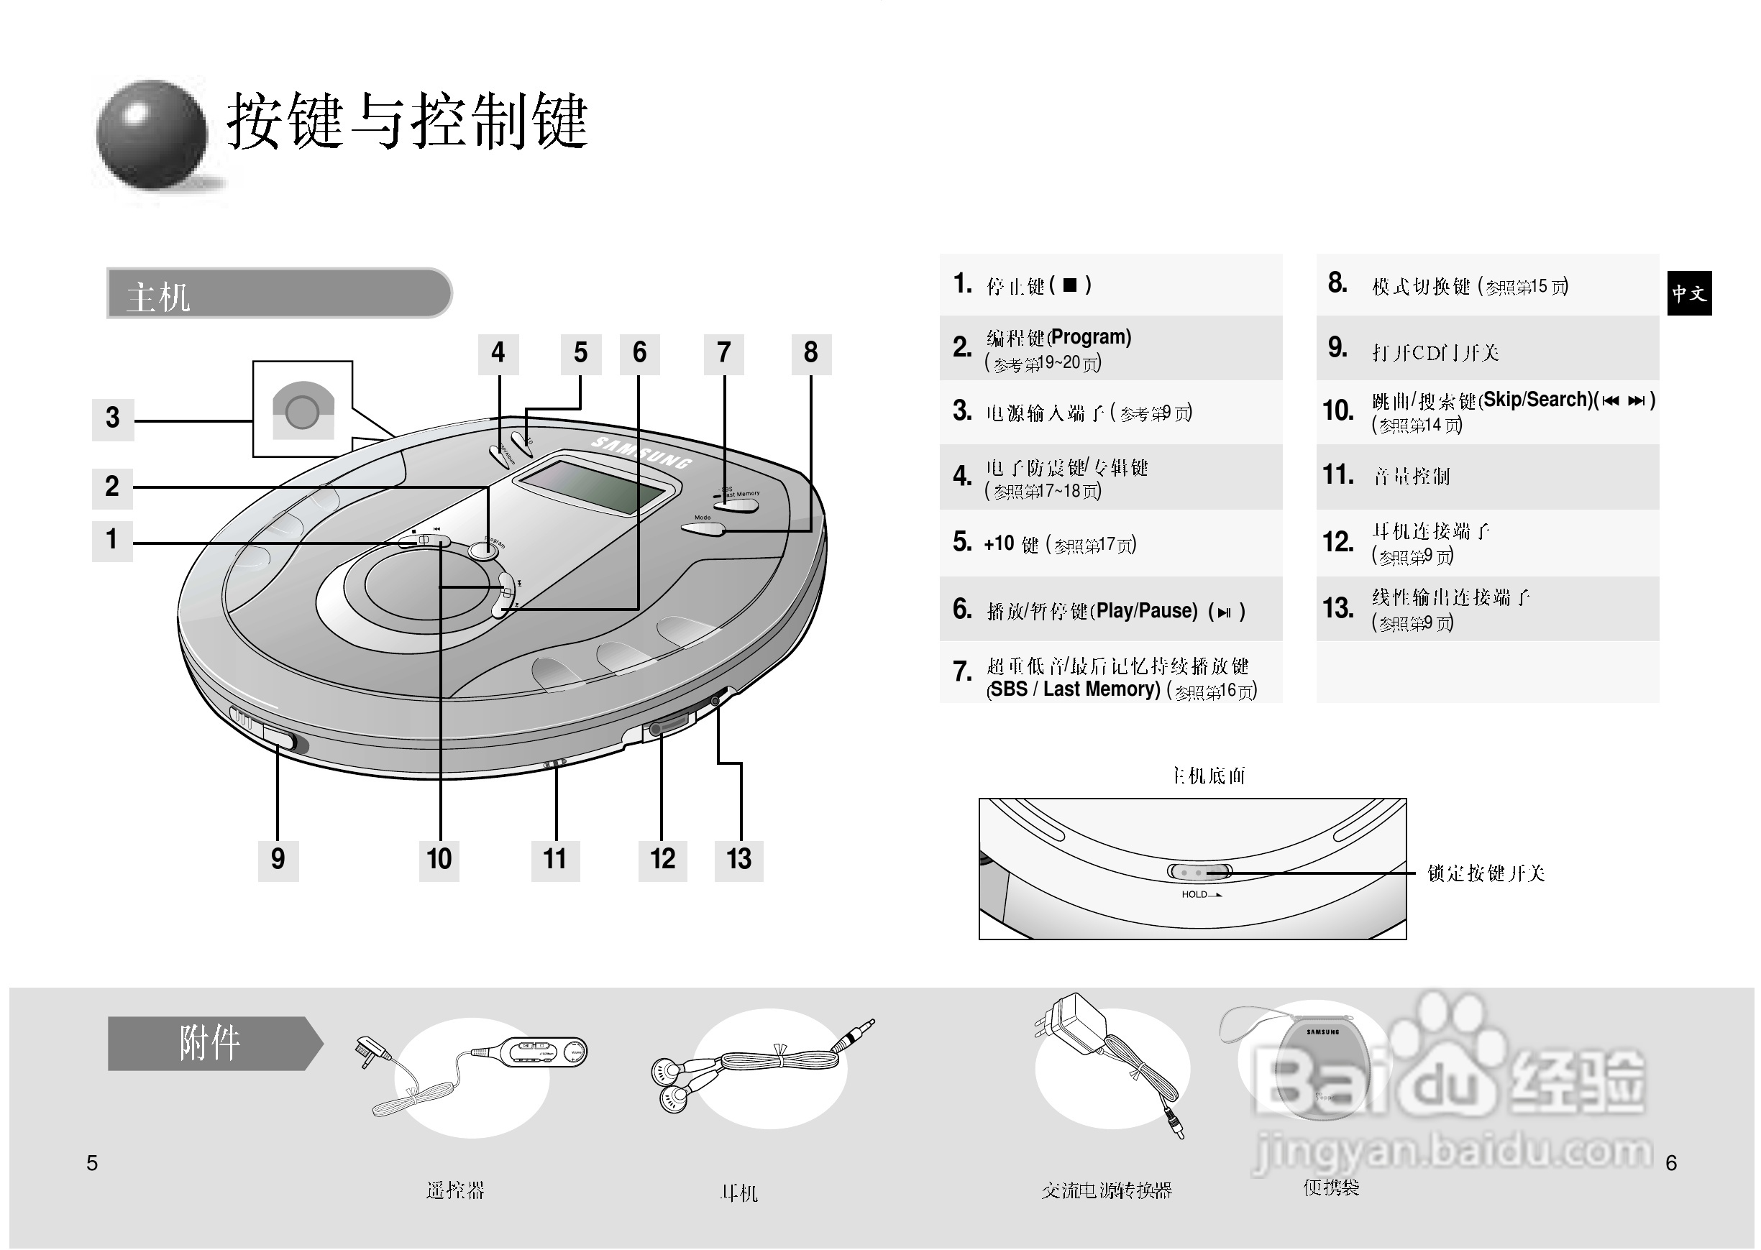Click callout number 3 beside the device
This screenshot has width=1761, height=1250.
[x=112, y=419]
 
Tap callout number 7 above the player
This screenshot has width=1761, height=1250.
[x=724, y=354]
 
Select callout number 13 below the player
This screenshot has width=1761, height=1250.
[x=738, y=859]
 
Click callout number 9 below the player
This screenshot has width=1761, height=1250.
[x=278, y=859]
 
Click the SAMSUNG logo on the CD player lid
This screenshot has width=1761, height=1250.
[x=641, y=453]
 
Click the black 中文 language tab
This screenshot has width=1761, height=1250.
[x=1689, y=293]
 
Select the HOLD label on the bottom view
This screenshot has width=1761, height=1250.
[x=1195, y=894]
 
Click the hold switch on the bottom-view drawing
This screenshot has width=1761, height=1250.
[x=1199, y=872]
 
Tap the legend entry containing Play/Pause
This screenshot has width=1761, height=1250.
[x=1110, y=610]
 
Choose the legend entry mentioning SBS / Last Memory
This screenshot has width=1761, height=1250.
[x=1110, y=676]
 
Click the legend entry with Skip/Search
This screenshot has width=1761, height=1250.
[x=1488, y=411]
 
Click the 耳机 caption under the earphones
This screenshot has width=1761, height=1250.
[x=739, y=1193]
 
